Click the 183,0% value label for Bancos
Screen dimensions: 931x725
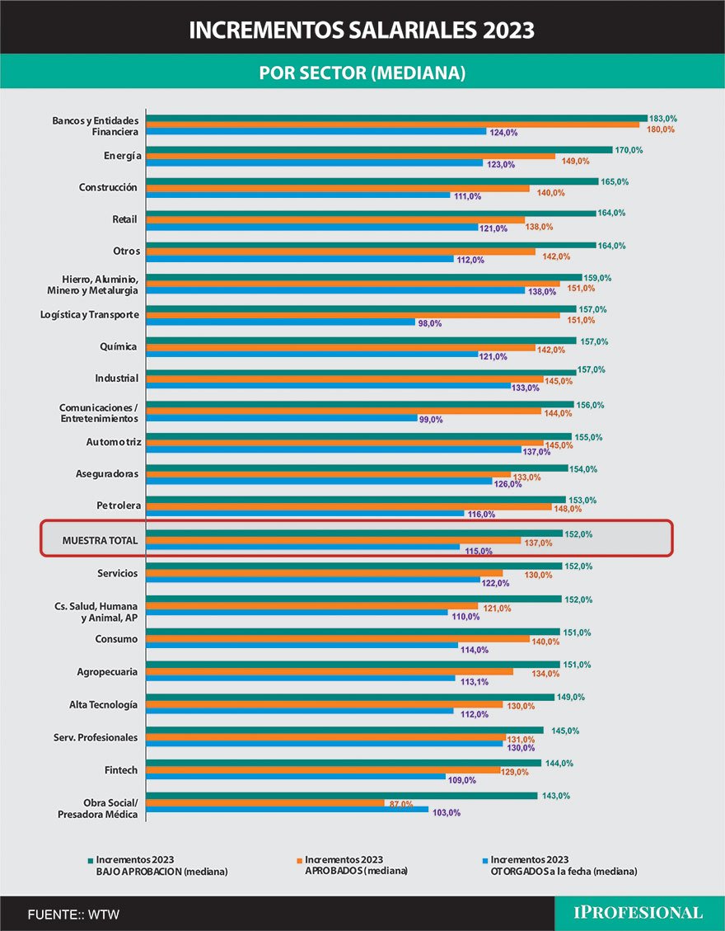pos(662,119)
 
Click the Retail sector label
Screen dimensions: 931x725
pos(124,219)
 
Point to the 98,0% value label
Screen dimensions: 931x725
pos(430,324)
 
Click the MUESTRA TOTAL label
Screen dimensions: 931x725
pos(99,541)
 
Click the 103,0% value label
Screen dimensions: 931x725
pos(446,813)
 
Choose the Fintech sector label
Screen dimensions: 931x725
pos(122,770)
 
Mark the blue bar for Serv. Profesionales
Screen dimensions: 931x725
pos(325,743)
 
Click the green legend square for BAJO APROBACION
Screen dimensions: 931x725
pos(90,860)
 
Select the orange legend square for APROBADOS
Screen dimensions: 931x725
pos(299,860)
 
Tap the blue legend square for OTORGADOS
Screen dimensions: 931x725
pos(485,860)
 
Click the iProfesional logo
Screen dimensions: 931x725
pos(638,913)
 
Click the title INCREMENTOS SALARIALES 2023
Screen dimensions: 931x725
pos(362,31)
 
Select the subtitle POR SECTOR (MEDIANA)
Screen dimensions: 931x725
pos(362,73)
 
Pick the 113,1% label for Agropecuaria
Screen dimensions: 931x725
pos(471,682)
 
